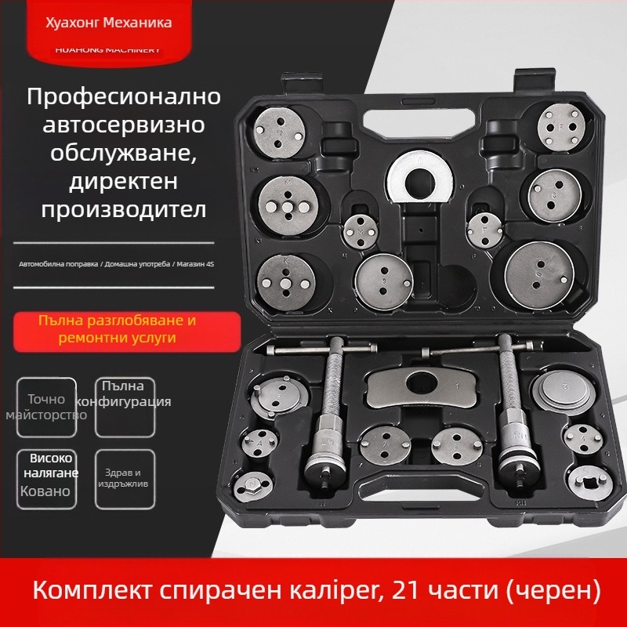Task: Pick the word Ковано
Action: (x=46, y=491)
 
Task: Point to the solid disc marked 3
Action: (x=563, y=390)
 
